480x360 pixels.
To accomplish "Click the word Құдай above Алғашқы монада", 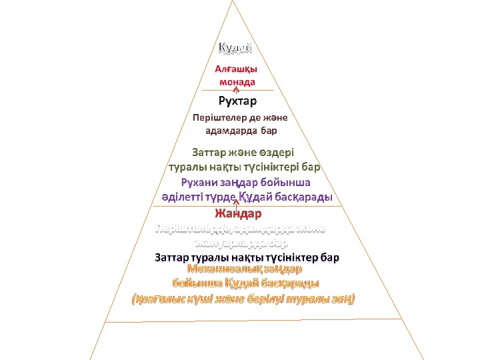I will point(236,47).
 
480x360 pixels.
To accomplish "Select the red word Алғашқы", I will point(237,69).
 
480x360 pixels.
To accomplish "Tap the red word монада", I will point(237,81).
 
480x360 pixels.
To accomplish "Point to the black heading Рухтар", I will point(237,101).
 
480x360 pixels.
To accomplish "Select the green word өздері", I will point(275,152).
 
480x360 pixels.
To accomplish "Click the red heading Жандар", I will point(237,214).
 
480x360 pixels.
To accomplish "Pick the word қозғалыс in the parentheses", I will point(159,299).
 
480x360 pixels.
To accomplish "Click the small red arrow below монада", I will point(237,89).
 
